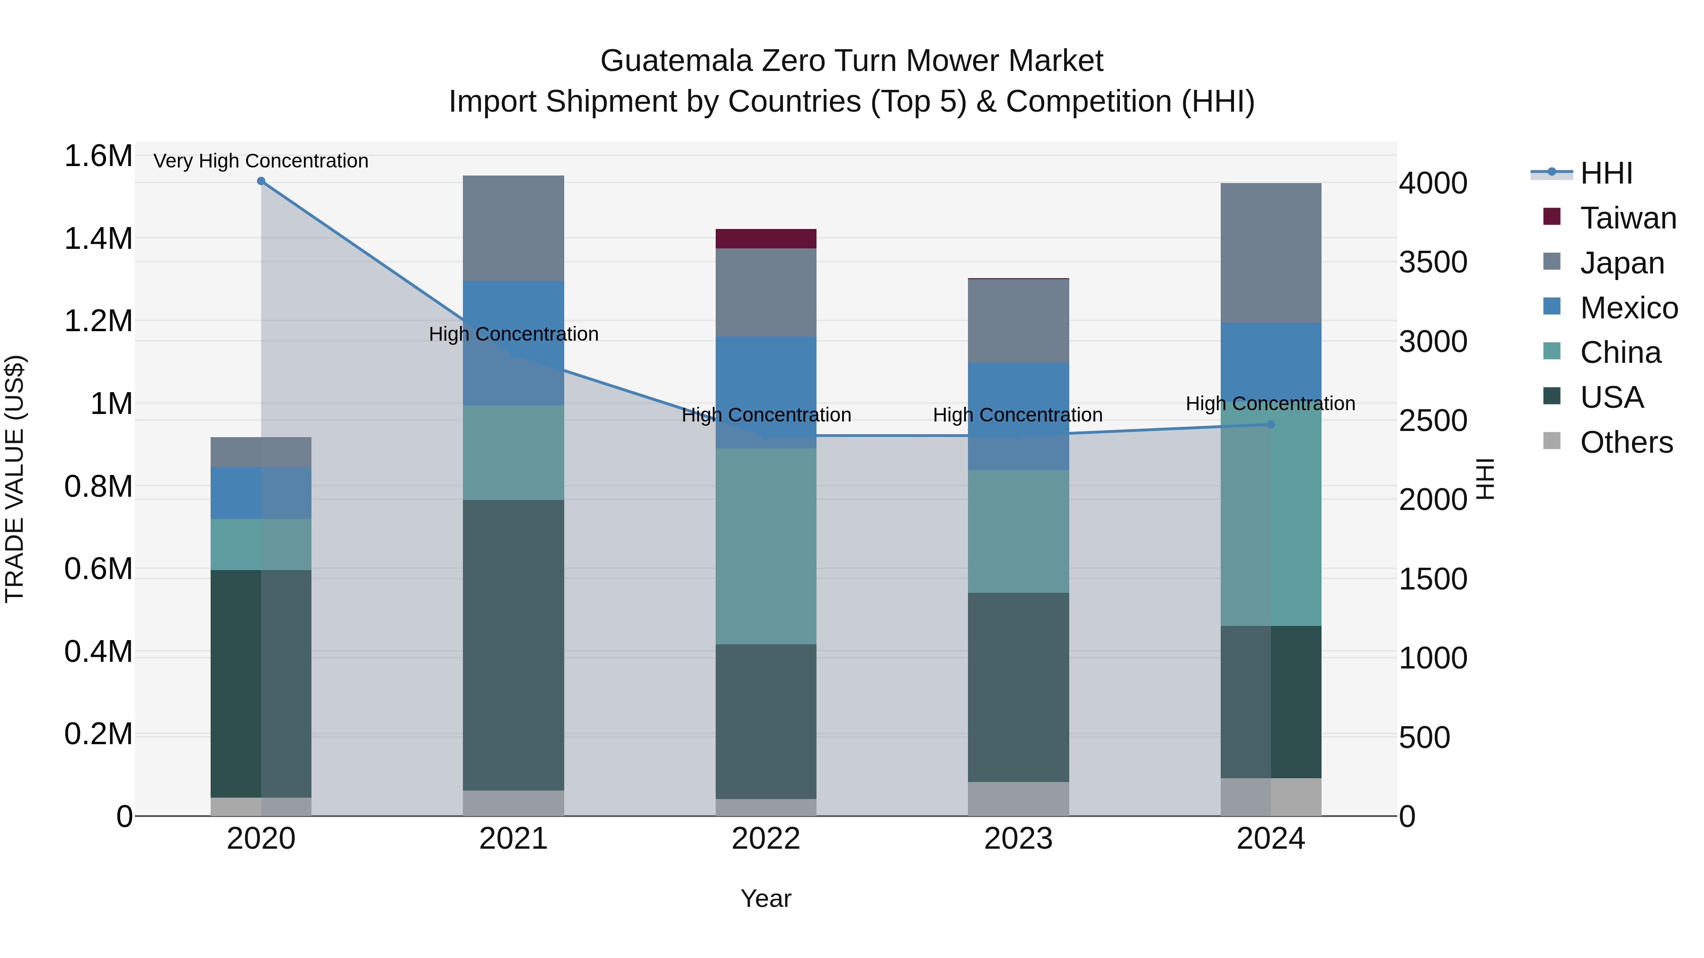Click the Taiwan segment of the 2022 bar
766,239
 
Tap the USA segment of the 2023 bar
1018,687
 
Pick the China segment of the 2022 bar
766,546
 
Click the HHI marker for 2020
261,181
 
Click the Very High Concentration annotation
261,161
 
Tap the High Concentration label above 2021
513,334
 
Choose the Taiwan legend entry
1627,218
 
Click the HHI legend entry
1606,173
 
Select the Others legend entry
1626,442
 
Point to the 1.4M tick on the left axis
98,239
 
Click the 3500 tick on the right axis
1433,263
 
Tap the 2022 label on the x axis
766,839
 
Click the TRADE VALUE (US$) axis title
15,479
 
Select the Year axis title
766,898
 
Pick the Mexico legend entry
1629,308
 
